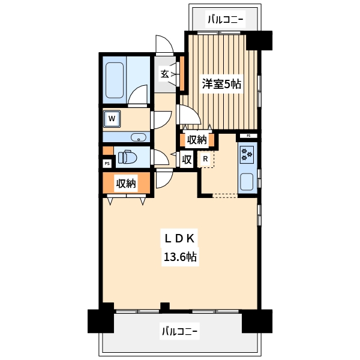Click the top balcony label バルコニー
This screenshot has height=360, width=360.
[225, 19]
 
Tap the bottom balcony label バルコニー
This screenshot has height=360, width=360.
[179, 331]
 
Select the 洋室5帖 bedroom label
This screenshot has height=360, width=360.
[221, 84]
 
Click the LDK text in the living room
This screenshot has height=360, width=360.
[180, 239]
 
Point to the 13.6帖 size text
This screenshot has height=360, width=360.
[180, 257]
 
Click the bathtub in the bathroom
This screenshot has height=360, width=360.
[115, 80]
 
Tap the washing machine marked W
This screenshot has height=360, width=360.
[112, 119]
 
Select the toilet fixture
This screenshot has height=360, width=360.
[127, 157]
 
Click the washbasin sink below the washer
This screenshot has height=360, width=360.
[139, 137]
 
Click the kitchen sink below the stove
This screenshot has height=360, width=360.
[247, 182]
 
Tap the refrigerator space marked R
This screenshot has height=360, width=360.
[205, 158]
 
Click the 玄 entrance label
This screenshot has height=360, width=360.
[164, 74]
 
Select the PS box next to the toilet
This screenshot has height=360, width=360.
[107, 164]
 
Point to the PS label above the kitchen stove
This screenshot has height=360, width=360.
[248, 136]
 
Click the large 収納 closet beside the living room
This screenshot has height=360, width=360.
[126, 183]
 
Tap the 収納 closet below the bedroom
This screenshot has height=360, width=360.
[197, 139]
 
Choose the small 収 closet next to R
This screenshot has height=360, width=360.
[187, 160]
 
